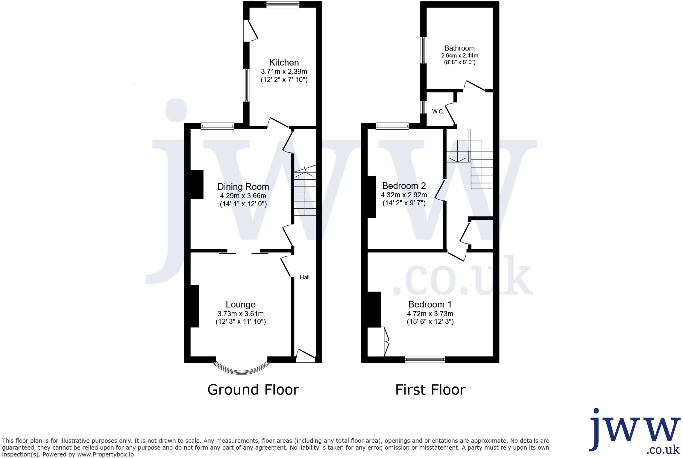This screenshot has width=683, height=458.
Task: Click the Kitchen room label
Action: pos(284,62)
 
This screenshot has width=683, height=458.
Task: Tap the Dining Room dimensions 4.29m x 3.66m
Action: pos(243,196)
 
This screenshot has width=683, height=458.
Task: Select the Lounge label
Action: pos(240,304)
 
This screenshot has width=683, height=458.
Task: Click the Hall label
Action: pos(304,277)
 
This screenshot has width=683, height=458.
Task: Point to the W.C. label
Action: pos(438,112)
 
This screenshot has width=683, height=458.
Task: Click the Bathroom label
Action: pos(459,48)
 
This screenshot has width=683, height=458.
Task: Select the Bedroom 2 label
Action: pos(404,186)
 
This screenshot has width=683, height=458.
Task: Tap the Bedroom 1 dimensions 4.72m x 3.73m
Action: pos(430,314)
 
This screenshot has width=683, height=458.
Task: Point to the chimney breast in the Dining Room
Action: pos(197,185)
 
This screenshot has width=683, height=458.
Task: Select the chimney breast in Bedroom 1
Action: pos(374,309)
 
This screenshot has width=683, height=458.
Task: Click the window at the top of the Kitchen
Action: pos(283,5)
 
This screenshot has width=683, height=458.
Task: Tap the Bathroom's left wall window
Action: pos(423,50)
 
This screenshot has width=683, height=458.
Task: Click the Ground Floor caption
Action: pos(253,390)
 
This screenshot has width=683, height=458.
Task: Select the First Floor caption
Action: pos(430,390)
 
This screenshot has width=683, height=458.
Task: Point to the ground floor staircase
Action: pos(305,193)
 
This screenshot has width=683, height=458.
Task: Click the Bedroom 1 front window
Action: pos(425,359)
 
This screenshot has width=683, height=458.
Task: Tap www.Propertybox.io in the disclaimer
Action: pos(105,454)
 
